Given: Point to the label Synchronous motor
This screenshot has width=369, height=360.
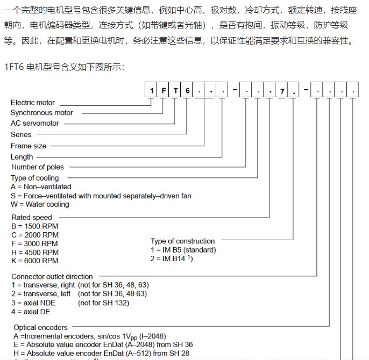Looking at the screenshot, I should click(41, 113).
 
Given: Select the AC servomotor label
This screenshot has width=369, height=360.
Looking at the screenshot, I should click(35, 124).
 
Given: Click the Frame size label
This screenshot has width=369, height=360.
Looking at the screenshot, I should click(29, 146).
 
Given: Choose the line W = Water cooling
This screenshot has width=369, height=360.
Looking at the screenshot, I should click(40, 204).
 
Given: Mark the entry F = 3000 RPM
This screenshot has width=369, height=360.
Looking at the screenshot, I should click(34, 243).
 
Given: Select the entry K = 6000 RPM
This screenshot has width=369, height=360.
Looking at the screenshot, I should click(34, 261).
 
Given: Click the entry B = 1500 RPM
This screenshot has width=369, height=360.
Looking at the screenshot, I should click(34, 226).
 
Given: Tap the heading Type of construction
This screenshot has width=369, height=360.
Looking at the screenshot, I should click(182, 241).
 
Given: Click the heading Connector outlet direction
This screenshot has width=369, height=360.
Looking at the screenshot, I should click(52, 277).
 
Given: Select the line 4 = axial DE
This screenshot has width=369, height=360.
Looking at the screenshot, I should click(33, 311).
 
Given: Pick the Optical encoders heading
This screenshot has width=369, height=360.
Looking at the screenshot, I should click(40, 327).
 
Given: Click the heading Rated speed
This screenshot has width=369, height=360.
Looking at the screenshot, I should click(32, 218).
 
